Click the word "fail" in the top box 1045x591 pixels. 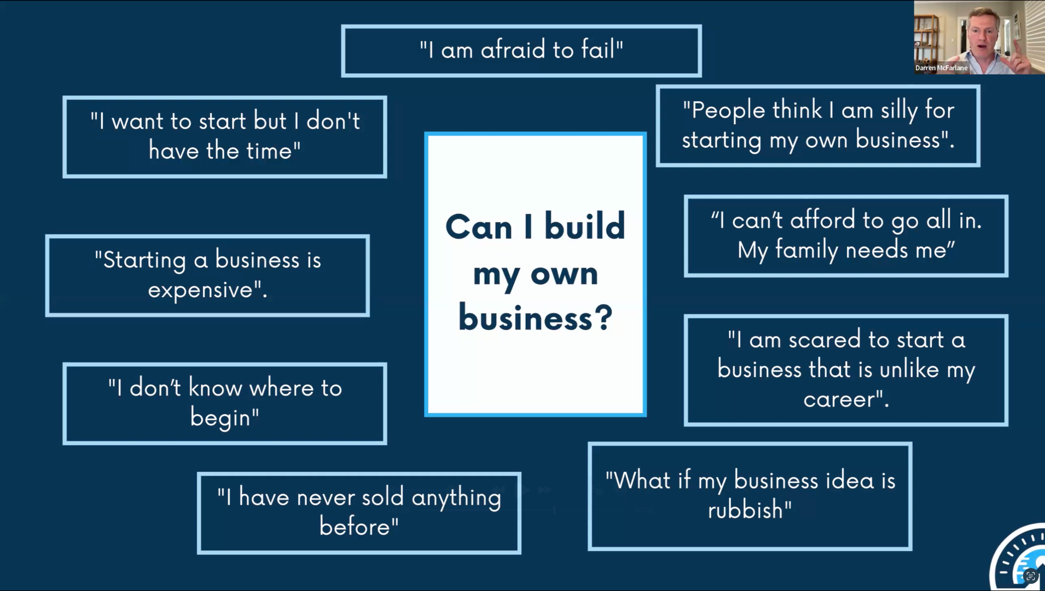click(600, 50)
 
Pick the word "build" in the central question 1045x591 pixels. click(584, 226)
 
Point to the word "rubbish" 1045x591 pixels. click(745, 510)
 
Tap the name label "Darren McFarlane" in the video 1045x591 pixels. click(941, 68)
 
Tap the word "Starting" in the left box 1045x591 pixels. click(144, 260)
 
